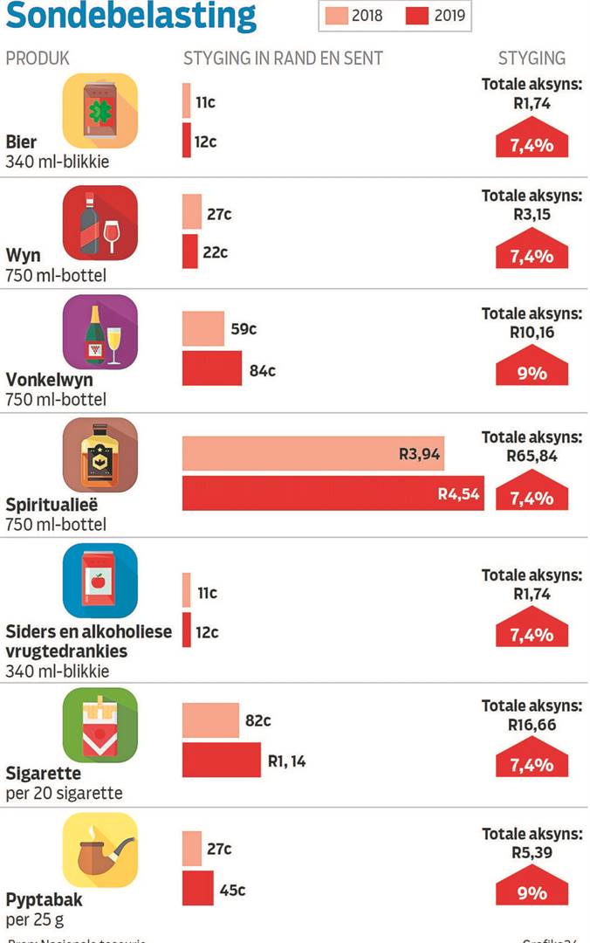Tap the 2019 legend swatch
(x=416, y=16)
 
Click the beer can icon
(x=99, y=110)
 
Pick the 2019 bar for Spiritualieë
(x=333, y=493)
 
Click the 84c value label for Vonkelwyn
(x=263, y=370)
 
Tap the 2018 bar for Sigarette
(x=210, y=721)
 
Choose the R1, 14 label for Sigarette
(x=287, y=761)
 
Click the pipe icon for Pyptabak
(x=99, y=850)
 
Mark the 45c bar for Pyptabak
(x=198, y=889)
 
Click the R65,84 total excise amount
(x=532, y=455)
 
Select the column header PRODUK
(x=38, y=59)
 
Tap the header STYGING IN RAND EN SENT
(x=283, y=59)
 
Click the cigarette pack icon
(x=99, y=725)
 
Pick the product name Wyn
(x=23, y=256)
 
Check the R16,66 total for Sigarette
(x=532, y=724)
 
